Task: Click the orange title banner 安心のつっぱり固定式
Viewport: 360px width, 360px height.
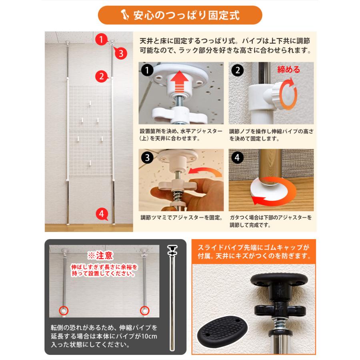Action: pyautogui.click(x=180, y=15)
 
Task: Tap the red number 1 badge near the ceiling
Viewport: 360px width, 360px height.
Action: pyautogui.click(x=101, y=39)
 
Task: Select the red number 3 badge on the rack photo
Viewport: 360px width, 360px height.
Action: pyautogui.click(x=121, y=53)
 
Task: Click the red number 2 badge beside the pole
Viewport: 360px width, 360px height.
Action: pyautogui.click(x=102, y=76)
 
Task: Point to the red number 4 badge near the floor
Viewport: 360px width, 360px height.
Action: pyautogui.click(x=102, y=214)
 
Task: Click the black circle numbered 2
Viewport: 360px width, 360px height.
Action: pyautogui.click(x=237, y=70)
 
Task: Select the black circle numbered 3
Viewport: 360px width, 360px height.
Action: pyautogui.click(x=147, y=158)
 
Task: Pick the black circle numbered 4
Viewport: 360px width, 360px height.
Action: pyautogui.click(x=237, y=158)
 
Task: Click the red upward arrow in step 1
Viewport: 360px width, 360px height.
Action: pyautogui.click(x=180, y=82)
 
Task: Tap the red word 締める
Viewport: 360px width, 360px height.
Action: pyautogui.click(x=288, y=69)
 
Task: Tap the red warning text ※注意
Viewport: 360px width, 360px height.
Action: pyautogui.click(x=100, y=256)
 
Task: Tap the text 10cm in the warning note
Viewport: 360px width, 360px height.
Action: pyautogui.click(x=149, y=336)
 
